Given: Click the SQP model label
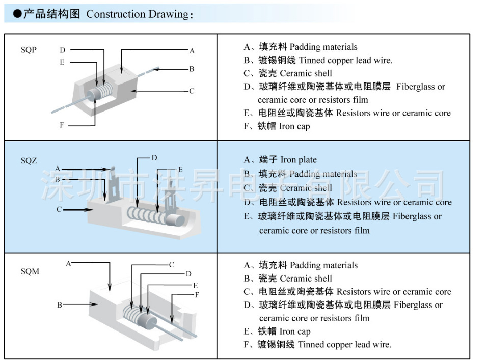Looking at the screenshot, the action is pyautogui.click(x=29, y=50).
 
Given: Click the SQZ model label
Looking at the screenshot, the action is pyautogui.click(x=29, y=161).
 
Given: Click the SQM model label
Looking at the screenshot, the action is pyautogui.click(x=30, y=271).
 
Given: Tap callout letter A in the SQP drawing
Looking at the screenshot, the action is pyautogui.click(x=192, y=51).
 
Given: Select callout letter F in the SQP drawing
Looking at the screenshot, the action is pyautogui.click(x=62, y=125).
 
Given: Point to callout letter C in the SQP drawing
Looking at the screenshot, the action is pyautogui.click(x=192, y=91).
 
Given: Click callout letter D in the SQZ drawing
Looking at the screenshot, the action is pyautogui.click(x=154, y=158).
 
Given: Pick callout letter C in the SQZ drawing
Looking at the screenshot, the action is pyautogui.click(x=59, y=209).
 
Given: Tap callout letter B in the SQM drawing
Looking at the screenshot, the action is pyautogui.click(x=59, y=305).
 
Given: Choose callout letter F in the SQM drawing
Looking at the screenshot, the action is pyautogui.click(x=197, y=295).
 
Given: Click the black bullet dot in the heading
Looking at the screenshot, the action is pyautogui.click(x=17, y=14).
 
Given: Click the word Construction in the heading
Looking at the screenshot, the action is pyautogui.click(x=116, y=14).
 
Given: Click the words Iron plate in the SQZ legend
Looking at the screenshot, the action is pyautogui.click(x=299, y=160).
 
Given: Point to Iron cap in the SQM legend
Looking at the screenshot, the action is pyautogui.click(x=295, y=331).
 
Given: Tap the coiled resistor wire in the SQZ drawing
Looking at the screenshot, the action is pyautogui.click(x=147, y=215).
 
